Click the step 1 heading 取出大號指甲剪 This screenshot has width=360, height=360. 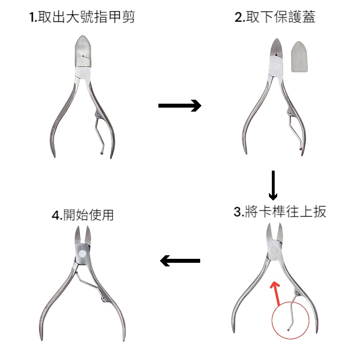point(82,17)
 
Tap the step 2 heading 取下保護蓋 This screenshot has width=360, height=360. point(275,17)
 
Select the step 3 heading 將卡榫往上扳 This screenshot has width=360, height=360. point(280,211)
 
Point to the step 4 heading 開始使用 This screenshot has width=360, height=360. point(83,215)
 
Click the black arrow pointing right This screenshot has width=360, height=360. point(180,105)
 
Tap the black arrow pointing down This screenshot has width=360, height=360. point(273,185)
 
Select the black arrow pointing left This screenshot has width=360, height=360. point(180,261)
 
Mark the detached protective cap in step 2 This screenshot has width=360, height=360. point(300,57)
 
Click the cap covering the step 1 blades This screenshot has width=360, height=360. point(83,51)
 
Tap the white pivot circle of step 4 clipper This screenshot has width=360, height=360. point(82,253)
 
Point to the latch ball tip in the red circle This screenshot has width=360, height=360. point(288,330)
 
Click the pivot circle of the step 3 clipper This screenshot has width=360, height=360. point(274,250)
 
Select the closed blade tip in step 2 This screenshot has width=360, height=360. point(277,40)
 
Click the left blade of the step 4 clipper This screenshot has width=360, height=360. point(78,235)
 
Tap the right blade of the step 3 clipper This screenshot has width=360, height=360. point(280,231)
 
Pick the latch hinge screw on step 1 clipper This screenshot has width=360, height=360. point(98,115)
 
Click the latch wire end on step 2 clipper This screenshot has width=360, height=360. point(301,149)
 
